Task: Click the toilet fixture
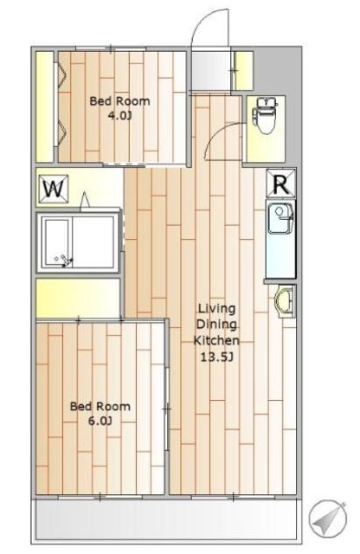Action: pyautogui.click(x=264, y=116)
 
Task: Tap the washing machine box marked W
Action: pyautogui.click(x=54, y=189)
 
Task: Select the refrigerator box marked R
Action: pyautogui.click(x=281, y=183)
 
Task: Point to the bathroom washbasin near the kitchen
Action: pyautogui.click(x=284, y=301)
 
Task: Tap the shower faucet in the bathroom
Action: pyautogui.click(x=65, y=261)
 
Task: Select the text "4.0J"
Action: pyautogui.click(x=119, y=115)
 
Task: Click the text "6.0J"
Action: pyautogui.click(x=100, y=421)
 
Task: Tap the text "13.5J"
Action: pyautogui.click(x=216, y=358)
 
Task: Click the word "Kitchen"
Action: pyautogui.click(x=216, y=340)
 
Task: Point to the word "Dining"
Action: pyautogui.click(x=216, y=325)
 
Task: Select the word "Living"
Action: pyautogui.click(x=216, y=309)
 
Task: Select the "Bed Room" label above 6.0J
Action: pyautogui.click(x=100, y=406)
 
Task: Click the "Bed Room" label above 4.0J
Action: pyautogui.click(x=119, y=101)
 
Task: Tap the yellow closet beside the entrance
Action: pyautogui.click(x=244, y=71)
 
